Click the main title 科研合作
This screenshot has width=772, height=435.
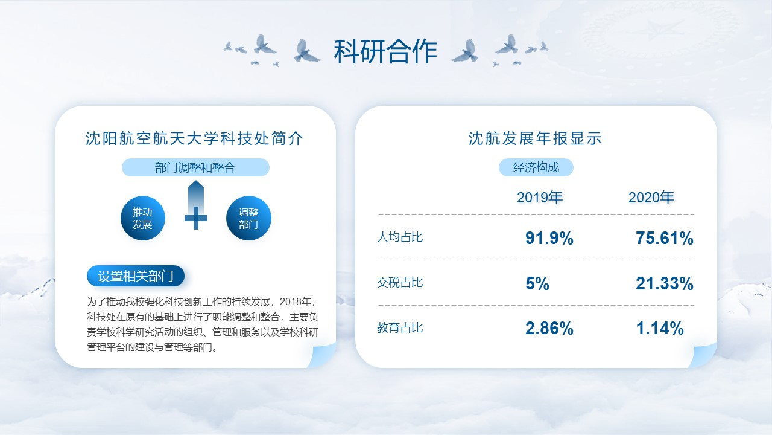click(385, 51)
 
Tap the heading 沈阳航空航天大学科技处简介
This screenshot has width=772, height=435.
click(195, 138)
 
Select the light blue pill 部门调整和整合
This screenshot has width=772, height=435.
click(195, 167)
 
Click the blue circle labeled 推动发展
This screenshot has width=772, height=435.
click(143, 218)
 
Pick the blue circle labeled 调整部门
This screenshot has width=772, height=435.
click(248, 218)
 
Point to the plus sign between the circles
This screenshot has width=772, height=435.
click(196, 218)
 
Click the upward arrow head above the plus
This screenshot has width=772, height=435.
click(196, 185)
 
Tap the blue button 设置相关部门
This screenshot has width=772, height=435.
click(136, 276)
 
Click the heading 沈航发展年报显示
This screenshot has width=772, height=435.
click(535, 138)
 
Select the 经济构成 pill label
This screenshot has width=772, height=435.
click(536, 167)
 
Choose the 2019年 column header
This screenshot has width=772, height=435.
click(540, 198)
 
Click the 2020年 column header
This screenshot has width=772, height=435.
click(651, 198)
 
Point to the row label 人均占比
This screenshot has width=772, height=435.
click(400, 237)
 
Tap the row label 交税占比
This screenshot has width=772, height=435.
click(400, 282)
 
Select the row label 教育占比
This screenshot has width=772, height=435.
click(400, 327)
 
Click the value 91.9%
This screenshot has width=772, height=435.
click(549, 238)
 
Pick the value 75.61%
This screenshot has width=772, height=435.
click(665, 238)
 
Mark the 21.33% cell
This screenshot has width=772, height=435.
click(665, 283)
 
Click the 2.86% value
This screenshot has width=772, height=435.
click(549, 328)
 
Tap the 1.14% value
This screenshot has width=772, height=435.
click(660, 328)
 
